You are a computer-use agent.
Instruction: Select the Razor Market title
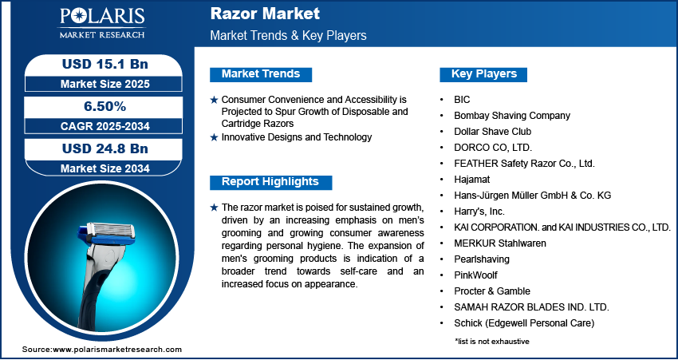coord(265,14)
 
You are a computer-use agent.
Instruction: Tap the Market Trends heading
coord(261,74)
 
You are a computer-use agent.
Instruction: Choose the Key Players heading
coord(483,74)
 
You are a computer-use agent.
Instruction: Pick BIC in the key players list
coord(463,100)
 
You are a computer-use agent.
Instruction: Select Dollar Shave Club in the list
coord(492,132)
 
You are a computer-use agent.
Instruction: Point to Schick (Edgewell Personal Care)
coord(518,323)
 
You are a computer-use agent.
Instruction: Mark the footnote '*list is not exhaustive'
coord(492,341)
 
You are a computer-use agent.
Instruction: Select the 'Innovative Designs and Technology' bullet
coord(296,137)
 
